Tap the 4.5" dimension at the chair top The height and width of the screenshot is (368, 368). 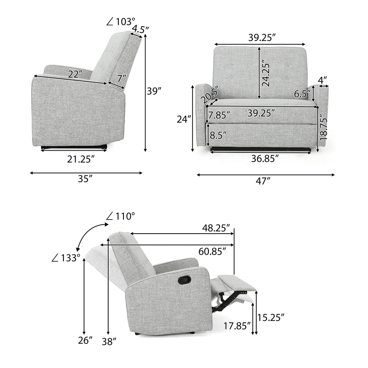click(x=141, y=29)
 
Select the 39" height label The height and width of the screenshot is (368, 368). click(x=155, y=91)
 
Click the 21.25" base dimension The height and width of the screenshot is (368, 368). click(x=80, y=159)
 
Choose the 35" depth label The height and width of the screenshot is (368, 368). click(x=84, y=179)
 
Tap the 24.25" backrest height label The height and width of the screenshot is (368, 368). click(x=266, y=73)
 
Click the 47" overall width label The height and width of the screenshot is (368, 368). click(x=263, y=181)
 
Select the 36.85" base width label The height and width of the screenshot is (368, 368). click(x=265, y=159)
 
